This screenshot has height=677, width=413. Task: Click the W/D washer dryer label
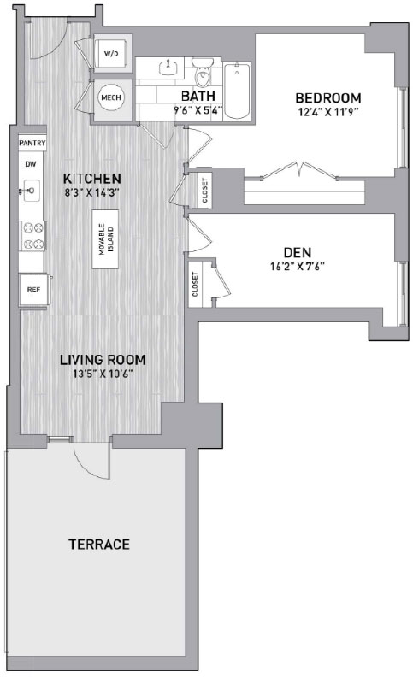coord(111,54)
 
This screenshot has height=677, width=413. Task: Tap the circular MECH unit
coord(111,97)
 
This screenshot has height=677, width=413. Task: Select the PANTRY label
coord(32,143)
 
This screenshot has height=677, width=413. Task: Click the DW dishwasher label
coord(31,164)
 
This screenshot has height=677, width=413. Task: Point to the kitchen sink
coord(30,190)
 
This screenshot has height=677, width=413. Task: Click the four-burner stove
coord(33,236)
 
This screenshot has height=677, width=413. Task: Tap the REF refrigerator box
coord(33,290)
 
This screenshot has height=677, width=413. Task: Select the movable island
coord(105,239)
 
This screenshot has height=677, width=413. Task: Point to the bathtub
coord(237,91)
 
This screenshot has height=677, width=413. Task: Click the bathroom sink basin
coord(167,68)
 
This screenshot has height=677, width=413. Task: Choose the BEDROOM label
coord(328,98)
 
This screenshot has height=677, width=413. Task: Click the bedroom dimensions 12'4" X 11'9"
coord(328,112)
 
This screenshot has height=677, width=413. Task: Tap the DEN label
coord(298,252)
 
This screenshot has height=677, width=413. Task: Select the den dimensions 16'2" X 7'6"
coord(298,267)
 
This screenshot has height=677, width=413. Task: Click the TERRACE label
coord(99,544)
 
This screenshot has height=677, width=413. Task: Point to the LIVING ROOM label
coord(103,360)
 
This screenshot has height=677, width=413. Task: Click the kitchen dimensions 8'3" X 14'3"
coord(92,192)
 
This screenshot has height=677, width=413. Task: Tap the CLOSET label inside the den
coord(195,284)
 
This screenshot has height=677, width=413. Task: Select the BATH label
coord(198,96)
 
